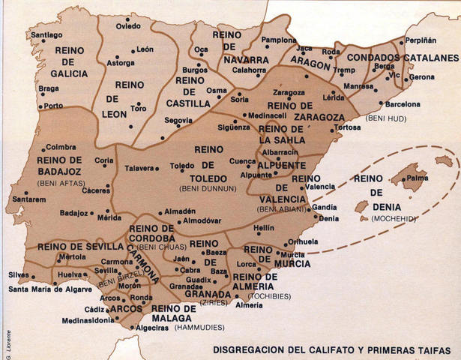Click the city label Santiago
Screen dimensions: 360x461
pyautogui.click(x=46, y=34)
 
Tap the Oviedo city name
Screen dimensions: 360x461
pyautogui.click(x=128, y=26)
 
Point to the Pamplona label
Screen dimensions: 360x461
pyautogui.click(x=279, y=40)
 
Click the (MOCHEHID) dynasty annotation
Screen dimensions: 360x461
pyautogui.click(x=391, y=218)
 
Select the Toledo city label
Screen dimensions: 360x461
pyautogui.click(x=181, y=166)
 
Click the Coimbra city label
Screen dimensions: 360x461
pyautogui.click(x=61, y=148)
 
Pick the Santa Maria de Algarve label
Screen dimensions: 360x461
pyautogui.click(x=50, y=289)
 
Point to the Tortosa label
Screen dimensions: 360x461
pyautogui.click(x=347, y=127)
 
